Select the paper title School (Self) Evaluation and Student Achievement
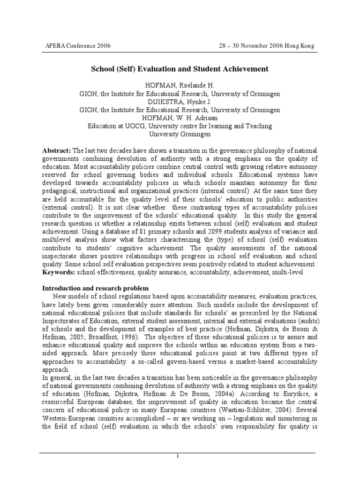tap(180, 69)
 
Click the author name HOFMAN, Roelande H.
tap(180, 86)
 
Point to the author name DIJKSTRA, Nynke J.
tap(180, 102)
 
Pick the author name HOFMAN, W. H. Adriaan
tap(180, 118)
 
